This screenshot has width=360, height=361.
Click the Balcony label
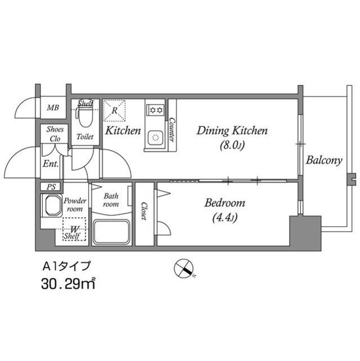324,161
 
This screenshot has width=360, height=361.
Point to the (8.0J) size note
231,146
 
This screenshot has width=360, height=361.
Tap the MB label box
53,107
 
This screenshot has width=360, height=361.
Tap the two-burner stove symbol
155,109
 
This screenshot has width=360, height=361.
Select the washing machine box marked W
74,231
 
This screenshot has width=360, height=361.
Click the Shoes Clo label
55,134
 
